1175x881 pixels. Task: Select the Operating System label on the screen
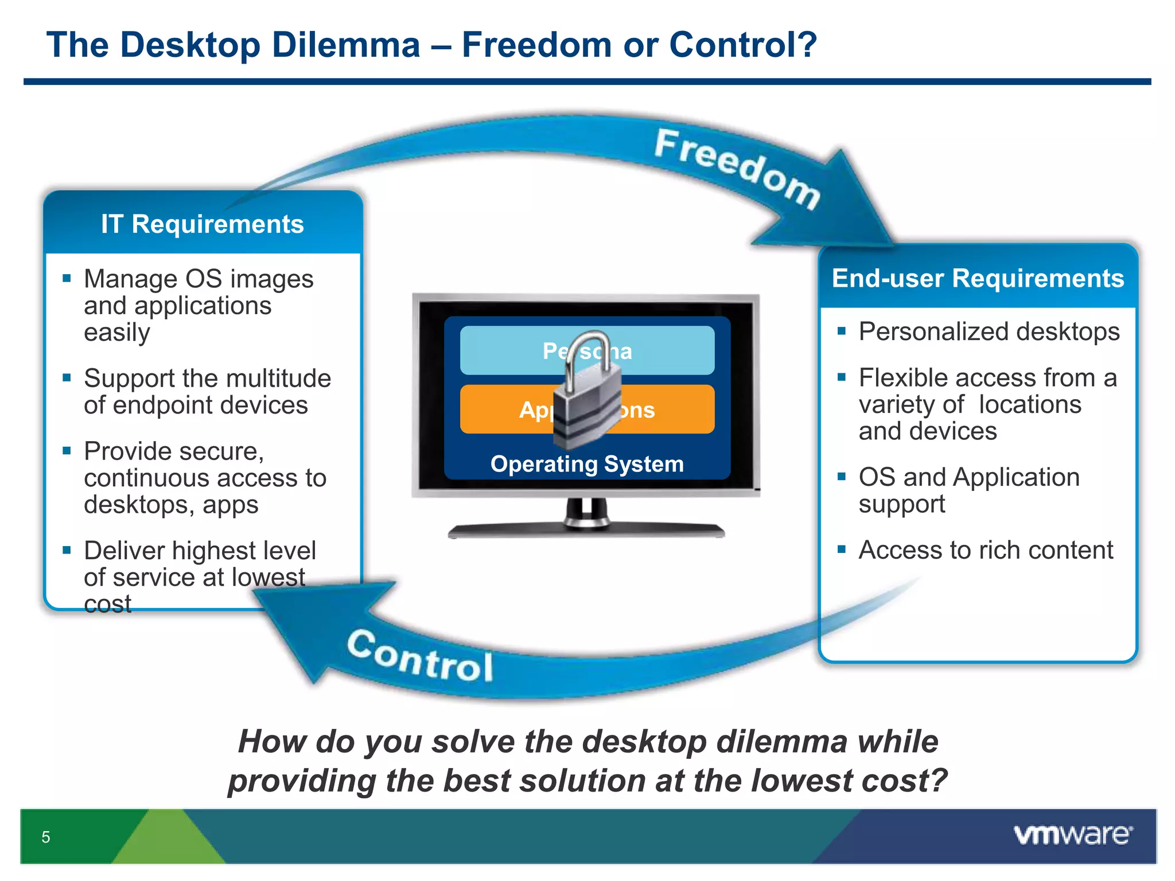click(587, 464)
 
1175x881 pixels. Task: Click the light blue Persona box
click(660, 350)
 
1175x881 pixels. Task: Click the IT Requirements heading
click(202, 224)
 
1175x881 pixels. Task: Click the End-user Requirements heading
click(978, 278)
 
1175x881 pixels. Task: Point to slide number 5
click(46, 837)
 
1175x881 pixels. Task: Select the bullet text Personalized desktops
click(989, 332)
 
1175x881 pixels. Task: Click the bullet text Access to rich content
click(985, 550)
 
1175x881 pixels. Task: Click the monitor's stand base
click(586, 531)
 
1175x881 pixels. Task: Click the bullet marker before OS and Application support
click(842, 476)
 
